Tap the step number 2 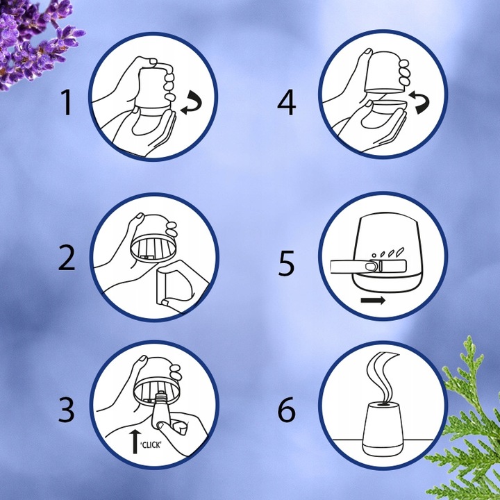click(x=67, y=258)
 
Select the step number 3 click(x=66, y=410)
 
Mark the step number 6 click(x=287, y=410)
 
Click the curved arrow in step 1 click(x=191, y=106)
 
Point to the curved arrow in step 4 click(x=418, y=104)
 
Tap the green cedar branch click(x=465, y=417)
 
